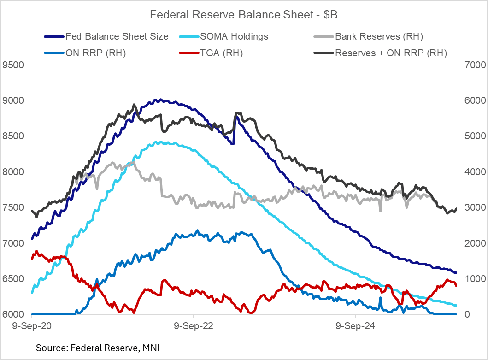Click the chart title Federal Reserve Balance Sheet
pos(244,15)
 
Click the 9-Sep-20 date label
pos(31,326)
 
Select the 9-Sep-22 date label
pos(194,326)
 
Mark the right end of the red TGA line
pos(456,286)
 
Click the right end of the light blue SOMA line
pos(456,305)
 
